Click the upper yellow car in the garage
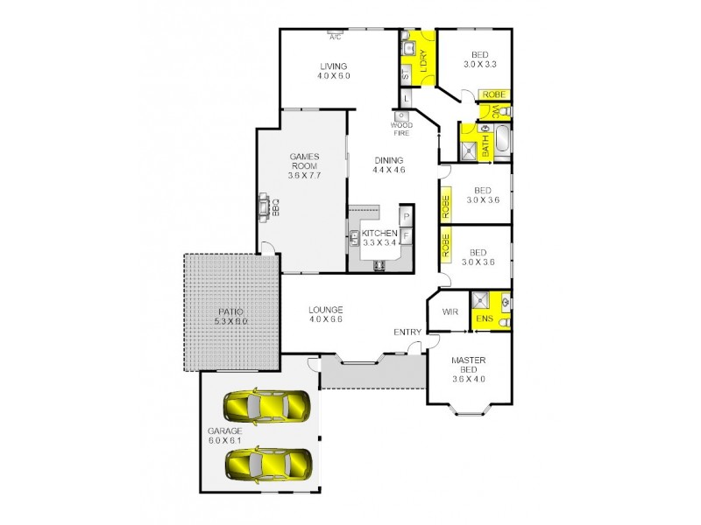pyautogui.click(x=267, y=405)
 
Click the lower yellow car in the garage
pyautogui.click(x=267, y=463)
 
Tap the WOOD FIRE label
pyautogui.click(x=401, y=129)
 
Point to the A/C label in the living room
pyautogui.click(x=335, y=38)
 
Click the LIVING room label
pyautogui.click(x=334, y=66)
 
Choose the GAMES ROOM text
pyautogui.click(x=304, y=162)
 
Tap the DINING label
pyautogui.click(x=388, y=160)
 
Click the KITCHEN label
pyautogui.click(x=379, y=233)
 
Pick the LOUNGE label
pyautogui.click(x=325, y=310)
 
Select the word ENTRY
pyautogui.click(x=407, y=332)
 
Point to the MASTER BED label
pyautogui.click(x=468, y=366)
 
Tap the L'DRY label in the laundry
pyautogui.click(x=423, y=61)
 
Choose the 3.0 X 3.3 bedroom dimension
pyautogui.click(x=480, y=65)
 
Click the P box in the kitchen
pyautogui.click(x=407, y=216)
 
